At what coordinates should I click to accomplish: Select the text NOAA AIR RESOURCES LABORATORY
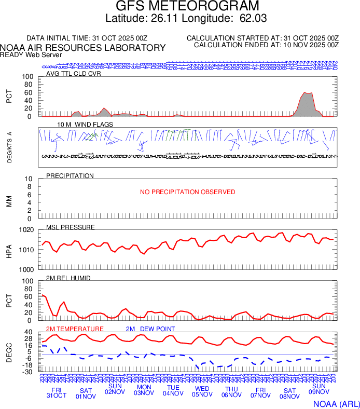pos(84,48)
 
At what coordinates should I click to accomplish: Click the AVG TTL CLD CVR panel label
pos(74,73)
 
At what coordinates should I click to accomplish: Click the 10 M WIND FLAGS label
pos(78,125)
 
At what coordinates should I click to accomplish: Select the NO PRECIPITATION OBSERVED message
pos(187,192)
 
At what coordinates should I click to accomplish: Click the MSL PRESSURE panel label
pos(71,227)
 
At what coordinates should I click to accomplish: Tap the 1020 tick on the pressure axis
pos(27,230)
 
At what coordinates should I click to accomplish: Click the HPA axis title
pos(9,249)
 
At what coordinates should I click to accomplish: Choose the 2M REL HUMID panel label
pos(68,278)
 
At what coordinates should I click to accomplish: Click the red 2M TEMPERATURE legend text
pos(75,329)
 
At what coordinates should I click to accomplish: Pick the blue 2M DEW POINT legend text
pos(150,329)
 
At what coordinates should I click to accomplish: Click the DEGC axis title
pos(9,352)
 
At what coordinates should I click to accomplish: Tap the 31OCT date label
pos(57,396)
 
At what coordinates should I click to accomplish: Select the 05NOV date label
pos(202,394)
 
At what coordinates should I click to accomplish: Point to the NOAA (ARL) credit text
pos(336,403)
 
